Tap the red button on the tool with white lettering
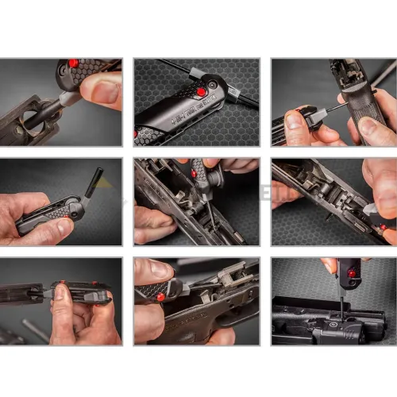(x=202, y=92)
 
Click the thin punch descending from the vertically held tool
(x=342, y=305)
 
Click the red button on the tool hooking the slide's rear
(x=160, y=297)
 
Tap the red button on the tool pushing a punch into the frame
(x=192, y=174)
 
